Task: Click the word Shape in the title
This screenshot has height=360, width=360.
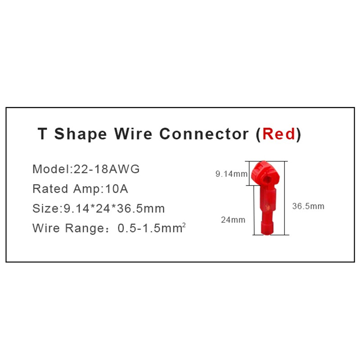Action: tap(81, 134)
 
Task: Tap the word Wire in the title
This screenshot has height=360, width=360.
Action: tap(133, 133)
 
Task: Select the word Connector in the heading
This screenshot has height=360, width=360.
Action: tap(204, 134)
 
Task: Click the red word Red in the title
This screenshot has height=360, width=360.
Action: tap(279, 134)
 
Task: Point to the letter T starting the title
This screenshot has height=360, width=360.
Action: tap(42, 133)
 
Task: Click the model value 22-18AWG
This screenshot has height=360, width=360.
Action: tap(107, 169)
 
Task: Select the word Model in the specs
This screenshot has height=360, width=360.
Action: tap(51, 169)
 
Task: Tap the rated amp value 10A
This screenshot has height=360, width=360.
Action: tap(117, 189)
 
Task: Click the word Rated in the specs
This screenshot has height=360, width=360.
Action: tap(50, 189)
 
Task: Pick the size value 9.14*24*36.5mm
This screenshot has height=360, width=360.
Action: tap(114, 208)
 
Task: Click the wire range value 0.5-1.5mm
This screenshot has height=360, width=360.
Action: tap(150, 228)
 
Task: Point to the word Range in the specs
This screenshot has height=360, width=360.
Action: tap(85, 228)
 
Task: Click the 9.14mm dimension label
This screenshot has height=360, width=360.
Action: tap(231, 174)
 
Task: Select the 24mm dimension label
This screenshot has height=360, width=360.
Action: tap(233, 220)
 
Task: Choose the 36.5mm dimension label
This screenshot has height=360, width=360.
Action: tap(308, 206)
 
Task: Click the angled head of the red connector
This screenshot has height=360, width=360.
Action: tap(265, 173)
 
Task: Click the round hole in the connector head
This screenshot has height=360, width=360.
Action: tap(267, 179)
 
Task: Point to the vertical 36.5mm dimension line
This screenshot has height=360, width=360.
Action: tap(285, 198)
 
